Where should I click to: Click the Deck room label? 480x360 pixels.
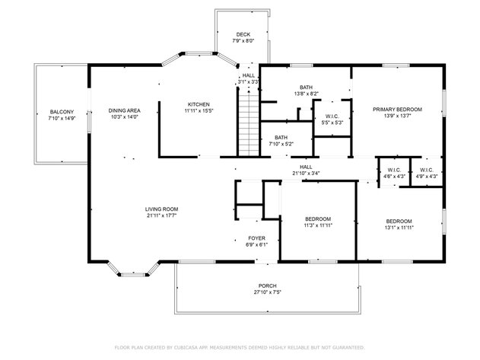coord(243,34)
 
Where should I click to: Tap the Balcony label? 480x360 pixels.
coord(62,112)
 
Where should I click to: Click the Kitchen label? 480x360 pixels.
coord(199,104)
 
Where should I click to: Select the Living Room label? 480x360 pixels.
coord(162,209)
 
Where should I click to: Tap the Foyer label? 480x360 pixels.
coord(256,238)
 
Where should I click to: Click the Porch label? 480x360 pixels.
coord(265,286)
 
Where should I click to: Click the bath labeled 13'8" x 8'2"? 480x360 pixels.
coord(306,90)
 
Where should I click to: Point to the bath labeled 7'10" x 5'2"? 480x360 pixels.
coord(281,140)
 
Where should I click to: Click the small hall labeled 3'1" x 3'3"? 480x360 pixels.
coord(249,78)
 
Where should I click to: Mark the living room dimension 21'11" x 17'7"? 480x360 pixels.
coord(162,216)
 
